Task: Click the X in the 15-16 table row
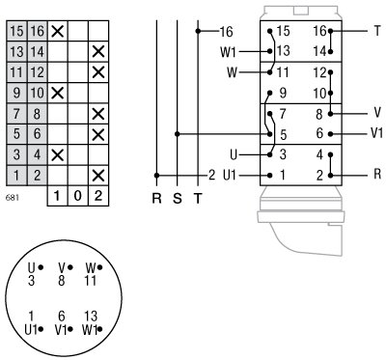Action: pos(57,31)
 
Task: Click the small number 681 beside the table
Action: pos(12,197)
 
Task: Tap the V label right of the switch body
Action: pos(376,112)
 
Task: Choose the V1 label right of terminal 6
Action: pos(377,133)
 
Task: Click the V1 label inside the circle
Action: pos(63,328)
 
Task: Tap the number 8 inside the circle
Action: pos(63,281)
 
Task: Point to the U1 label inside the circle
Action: pos(33,328)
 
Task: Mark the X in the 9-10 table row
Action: pos(57,93)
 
